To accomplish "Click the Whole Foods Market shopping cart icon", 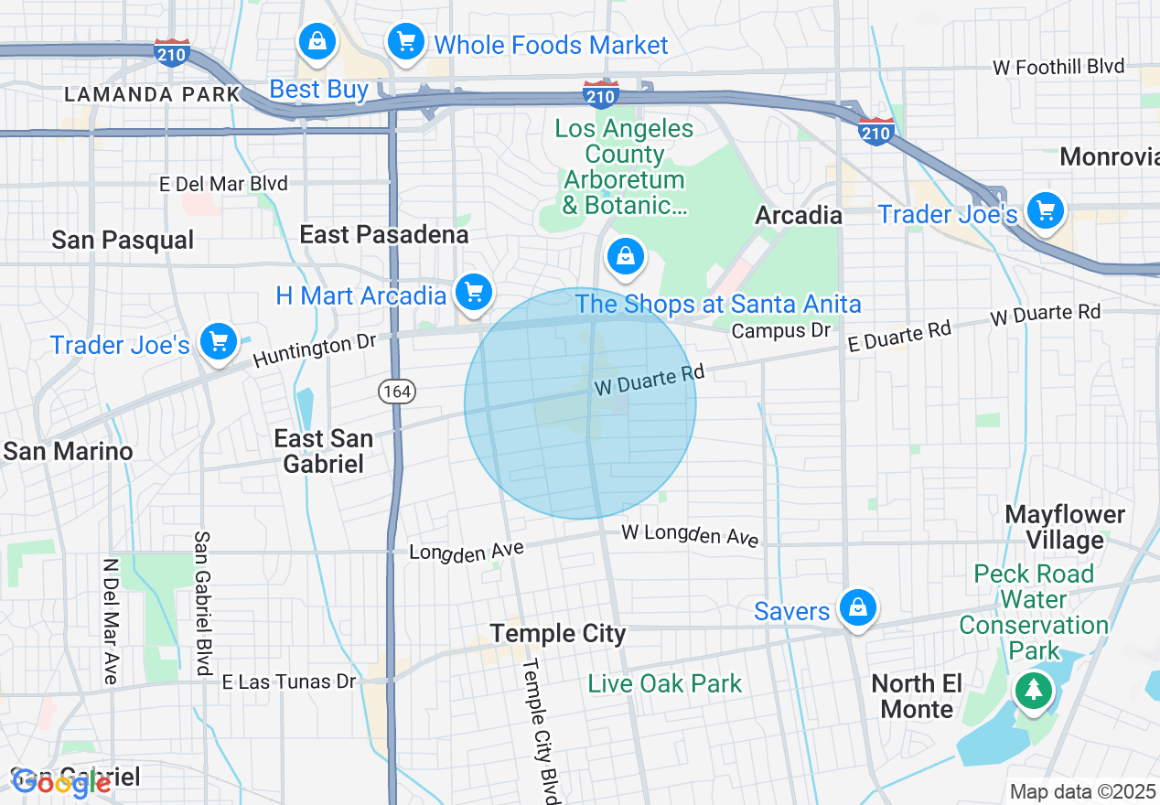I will coord(405,41).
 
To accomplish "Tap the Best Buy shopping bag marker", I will coord(317,41).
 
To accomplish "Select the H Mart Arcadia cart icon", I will coord(473,293).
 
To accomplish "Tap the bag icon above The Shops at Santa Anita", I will coord(626,256).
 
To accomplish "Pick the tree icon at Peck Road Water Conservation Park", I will coord(1033,690).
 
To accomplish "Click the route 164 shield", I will coord(398,392).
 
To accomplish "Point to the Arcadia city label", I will coord(798,215).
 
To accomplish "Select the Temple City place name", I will coord(558,634).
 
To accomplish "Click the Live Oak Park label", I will coord(665,683).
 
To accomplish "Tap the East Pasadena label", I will coord(384,235).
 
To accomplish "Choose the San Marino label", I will coord(69,451).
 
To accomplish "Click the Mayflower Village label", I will coord(1064,527).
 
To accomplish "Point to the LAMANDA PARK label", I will coord(153,94).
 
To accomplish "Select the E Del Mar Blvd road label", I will coord(223,184).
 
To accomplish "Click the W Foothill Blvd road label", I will coord(1058,67).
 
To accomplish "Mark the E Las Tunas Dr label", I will coord(289,682).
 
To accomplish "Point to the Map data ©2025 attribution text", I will coord(1082,791).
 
